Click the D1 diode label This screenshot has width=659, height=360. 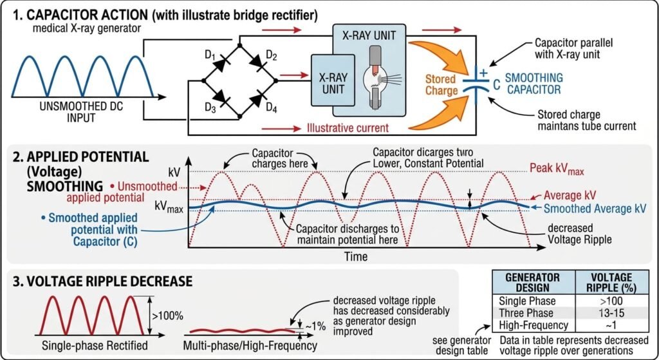(210, 55)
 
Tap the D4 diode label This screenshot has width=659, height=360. (272, 108)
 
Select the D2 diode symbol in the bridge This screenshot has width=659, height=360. (257, 62)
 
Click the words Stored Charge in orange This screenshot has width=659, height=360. (441, 85)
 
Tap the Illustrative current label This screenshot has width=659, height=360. (348, 128)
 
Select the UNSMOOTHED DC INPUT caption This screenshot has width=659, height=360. (81, 112)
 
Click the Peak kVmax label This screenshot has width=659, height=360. (557, 169)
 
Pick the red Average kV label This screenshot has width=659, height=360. (570, 195)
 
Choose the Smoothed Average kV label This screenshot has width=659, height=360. (595, 209)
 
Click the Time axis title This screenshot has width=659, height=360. (355, 256)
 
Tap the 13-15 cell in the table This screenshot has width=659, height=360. (611, 313)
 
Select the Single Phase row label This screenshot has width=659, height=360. (527, 301)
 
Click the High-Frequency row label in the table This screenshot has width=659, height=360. (534, 325)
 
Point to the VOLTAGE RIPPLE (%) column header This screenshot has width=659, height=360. (611, 283)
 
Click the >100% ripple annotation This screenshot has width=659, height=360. (167, 316)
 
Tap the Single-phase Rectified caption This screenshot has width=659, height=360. (95, 346)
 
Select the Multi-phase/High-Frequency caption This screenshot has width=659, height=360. (250, 346)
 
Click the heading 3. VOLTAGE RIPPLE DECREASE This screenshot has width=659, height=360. (102, 281)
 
